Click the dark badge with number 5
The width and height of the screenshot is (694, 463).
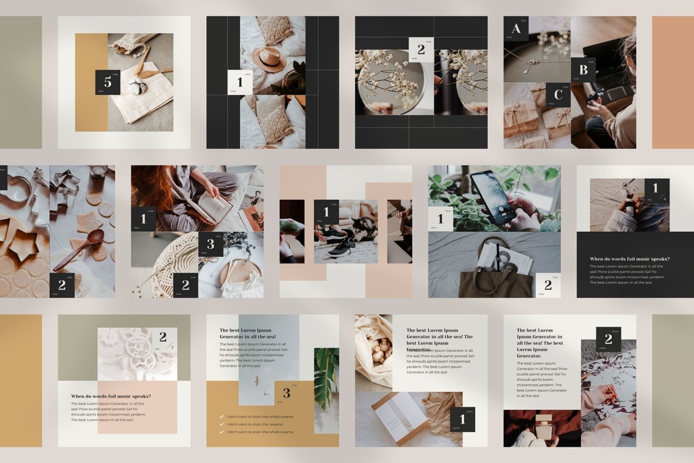tap(107, 82)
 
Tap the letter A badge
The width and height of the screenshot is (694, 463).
tap(516, 29)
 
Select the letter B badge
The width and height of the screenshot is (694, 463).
tap(583, 70)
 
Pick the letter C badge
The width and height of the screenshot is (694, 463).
tap(558, 95)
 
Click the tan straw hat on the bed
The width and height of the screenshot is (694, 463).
tap(270, 59)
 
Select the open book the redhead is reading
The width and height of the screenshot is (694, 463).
tap(213, 207)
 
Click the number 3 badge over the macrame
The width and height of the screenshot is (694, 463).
tap(210, 244)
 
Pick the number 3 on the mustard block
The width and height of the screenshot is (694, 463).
tap(287, 393)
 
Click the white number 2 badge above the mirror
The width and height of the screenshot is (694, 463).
tap(421, 49)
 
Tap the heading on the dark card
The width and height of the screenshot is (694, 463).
tap(630, 259)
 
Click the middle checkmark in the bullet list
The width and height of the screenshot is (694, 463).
tap(222, 424)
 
